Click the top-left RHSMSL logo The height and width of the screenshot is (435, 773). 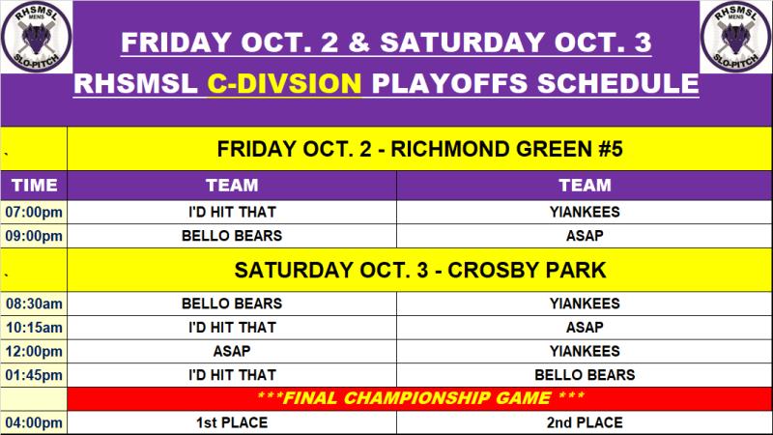[x=37, y=37]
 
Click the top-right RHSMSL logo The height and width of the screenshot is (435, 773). [x=735, y=37]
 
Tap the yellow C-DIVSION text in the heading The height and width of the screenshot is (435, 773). [x=284, y=83]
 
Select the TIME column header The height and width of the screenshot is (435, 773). [x=34, y=185]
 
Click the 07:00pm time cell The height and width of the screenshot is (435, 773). [x=34, y=212]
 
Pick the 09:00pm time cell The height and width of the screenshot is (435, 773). [x=34, y=236]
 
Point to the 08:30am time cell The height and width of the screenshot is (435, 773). [x=34, y=304]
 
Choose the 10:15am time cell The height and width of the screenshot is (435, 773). [x=34, y=328]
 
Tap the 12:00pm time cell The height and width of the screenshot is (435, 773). [x=34, y=351]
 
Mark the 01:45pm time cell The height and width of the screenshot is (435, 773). [x=34, y=375]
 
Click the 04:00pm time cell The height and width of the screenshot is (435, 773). [x=34, y=422]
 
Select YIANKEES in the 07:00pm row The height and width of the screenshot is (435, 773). [x=585, y=212]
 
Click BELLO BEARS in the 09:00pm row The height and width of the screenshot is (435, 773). [x=232, y=236]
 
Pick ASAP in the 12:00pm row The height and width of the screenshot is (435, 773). [x=232, y=351]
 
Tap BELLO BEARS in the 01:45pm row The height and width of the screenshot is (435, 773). [x=585, y=375]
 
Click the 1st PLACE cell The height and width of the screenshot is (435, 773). [x=232, y=422]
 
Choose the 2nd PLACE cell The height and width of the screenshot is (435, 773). [x=585, y=422]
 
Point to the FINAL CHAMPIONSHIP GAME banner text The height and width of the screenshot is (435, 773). [x=420, y=398]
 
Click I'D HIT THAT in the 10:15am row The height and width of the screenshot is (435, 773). [x=232, y=328]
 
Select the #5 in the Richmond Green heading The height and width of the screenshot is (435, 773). [x=611, y=149]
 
